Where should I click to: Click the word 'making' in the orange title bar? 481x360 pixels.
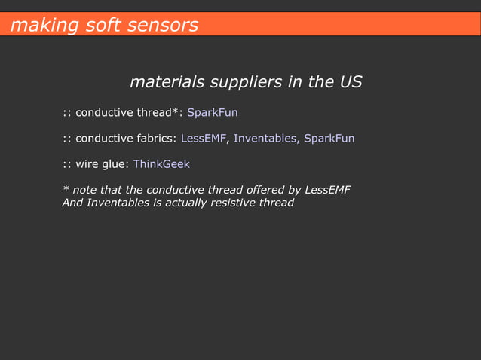[x=35, y=26]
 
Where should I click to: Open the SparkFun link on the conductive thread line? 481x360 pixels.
[x=212, y=113]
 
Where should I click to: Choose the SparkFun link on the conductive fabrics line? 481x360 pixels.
[x=329, y=139]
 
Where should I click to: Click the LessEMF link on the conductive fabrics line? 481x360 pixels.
[x=204, y=139]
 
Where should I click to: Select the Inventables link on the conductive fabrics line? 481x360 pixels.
[x=266, y=139]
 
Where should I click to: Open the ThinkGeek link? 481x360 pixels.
[x=161, y=164]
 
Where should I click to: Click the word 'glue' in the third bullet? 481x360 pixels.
[x=114, y=164]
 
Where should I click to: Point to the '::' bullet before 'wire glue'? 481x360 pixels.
[x=66, y=164]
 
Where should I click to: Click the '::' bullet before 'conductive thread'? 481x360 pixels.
[x=66, y=113]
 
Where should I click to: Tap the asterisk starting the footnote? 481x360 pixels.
[x=65, y=188]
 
